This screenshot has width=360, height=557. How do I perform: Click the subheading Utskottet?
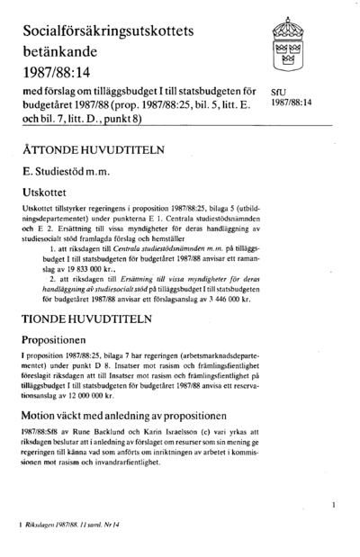pos(51,191)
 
